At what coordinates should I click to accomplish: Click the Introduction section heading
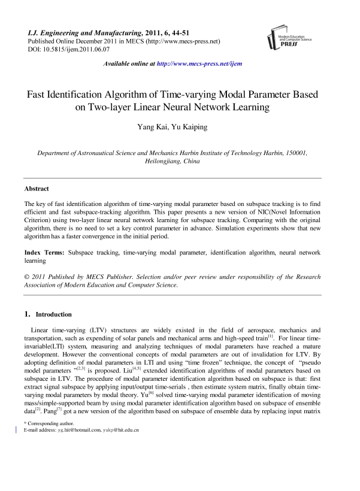[x=53, y=314]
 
